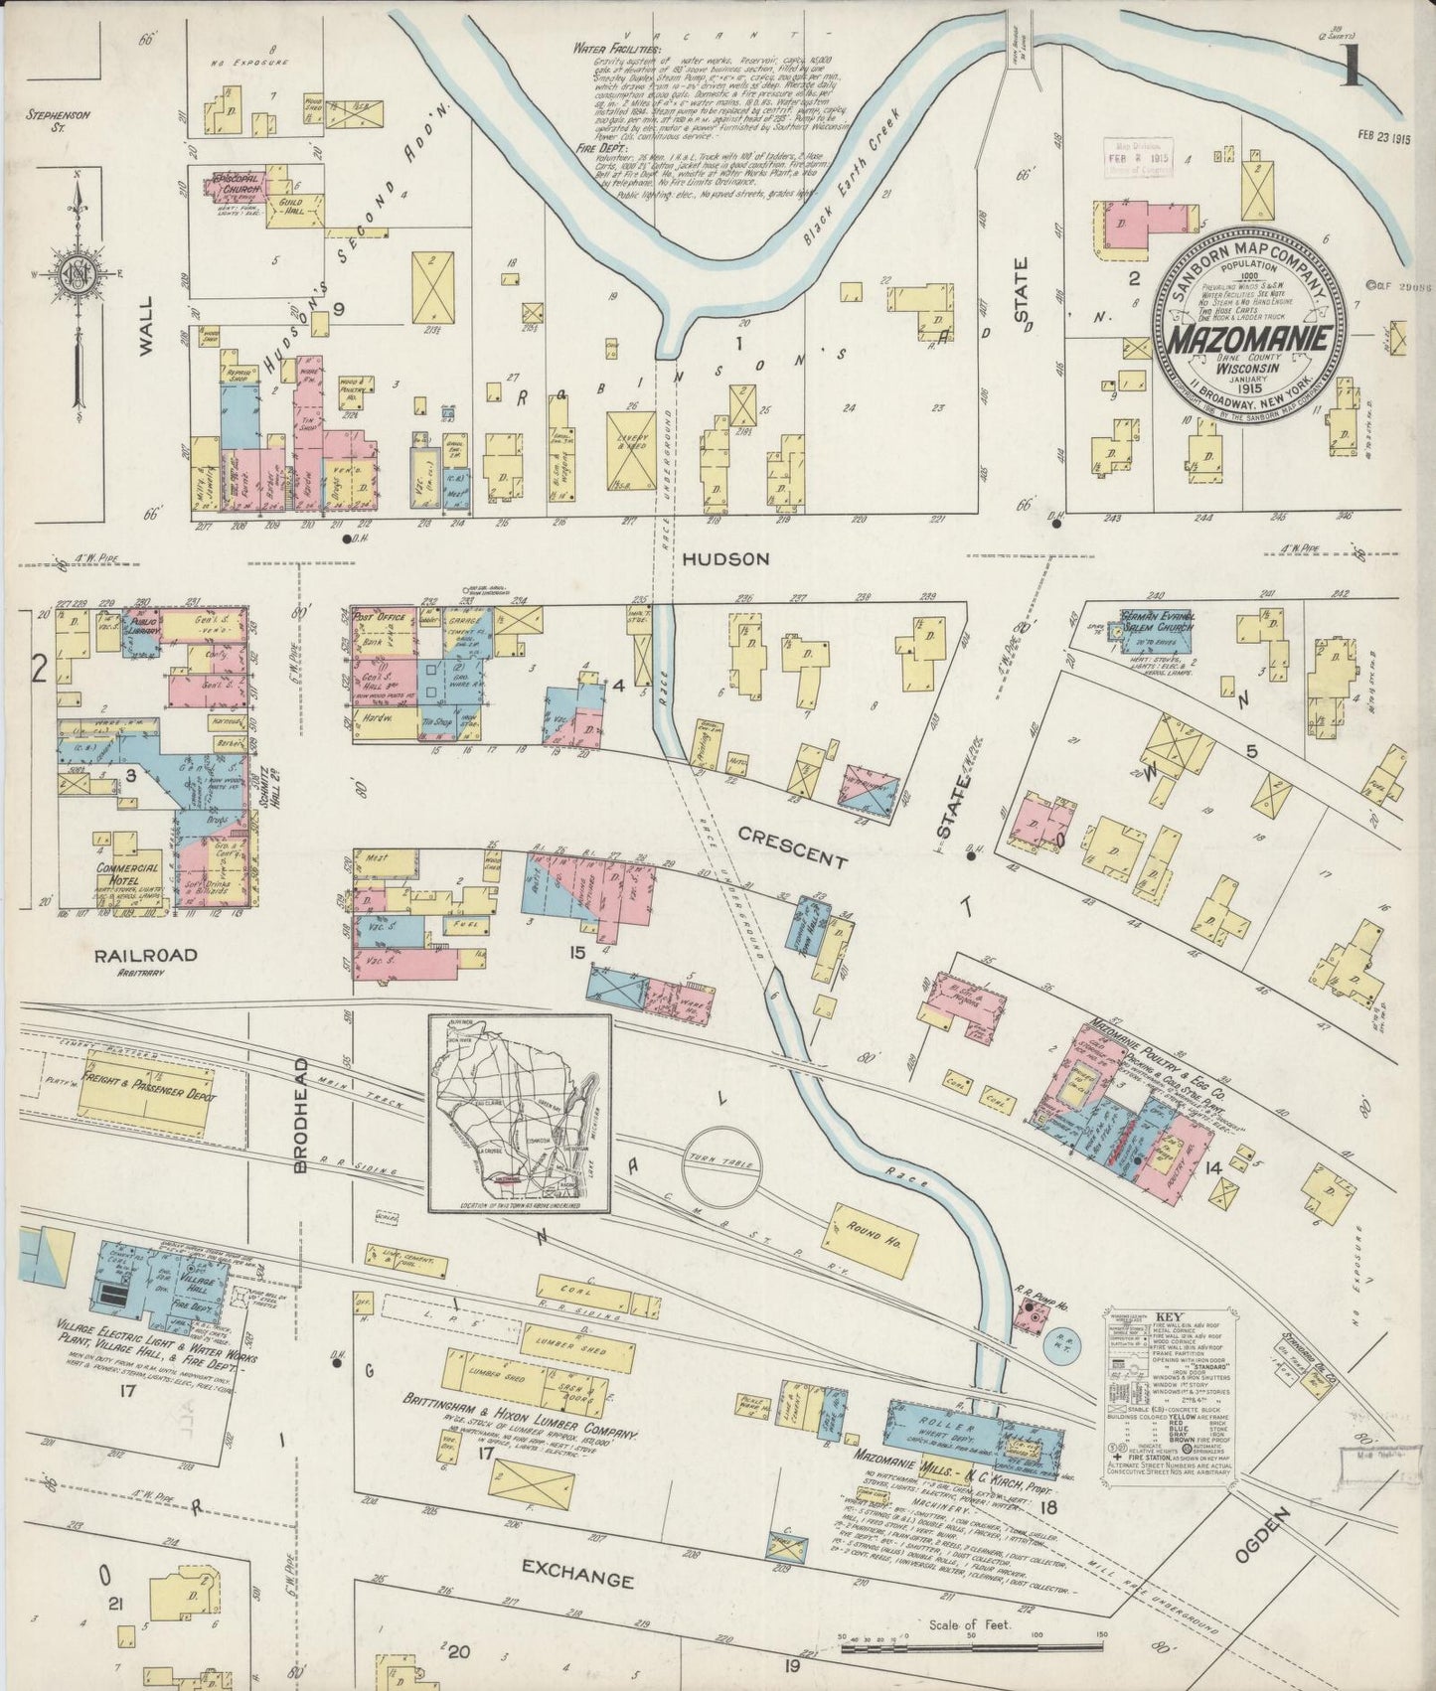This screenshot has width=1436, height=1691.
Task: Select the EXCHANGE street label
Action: click(x=577, y=1580)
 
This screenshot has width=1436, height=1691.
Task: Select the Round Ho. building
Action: click(x=873, y=1230)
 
